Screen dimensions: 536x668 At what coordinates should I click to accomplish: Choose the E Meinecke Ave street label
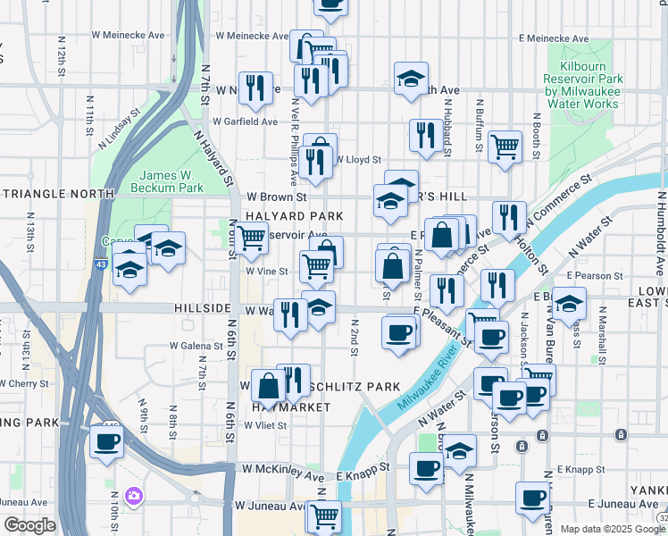coord(555,39)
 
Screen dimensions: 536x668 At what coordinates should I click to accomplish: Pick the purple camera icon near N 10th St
coord(134,495)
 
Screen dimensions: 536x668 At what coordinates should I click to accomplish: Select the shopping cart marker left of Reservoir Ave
coord(253,237)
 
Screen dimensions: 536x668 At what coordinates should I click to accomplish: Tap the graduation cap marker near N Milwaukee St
coord(460,449)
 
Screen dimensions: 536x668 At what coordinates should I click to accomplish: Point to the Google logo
coord(29,526)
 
